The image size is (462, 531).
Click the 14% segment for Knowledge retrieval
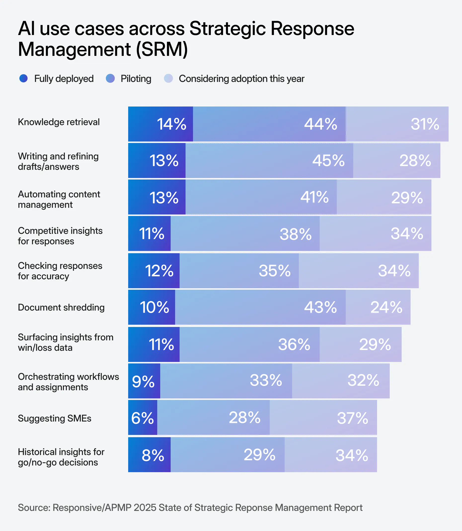coord(161,124)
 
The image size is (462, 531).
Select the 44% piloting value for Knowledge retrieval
coord(269,124)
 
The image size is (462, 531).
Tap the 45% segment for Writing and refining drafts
coord(269,161)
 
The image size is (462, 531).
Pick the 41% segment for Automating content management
coord(261,197)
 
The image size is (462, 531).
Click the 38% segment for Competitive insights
coord(245,234)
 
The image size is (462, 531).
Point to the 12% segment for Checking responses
coord(154,271)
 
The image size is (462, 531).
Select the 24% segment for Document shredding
coord(378,307)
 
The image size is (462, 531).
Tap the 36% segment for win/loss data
coord(249,345)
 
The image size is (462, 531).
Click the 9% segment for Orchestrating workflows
coord(144,381)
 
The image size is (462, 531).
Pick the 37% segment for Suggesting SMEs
coord(323,418)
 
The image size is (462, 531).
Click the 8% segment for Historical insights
coord(150,455)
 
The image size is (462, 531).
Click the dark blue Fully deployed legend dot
coord(23,78)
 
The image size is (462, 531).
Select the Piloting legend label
coord(136,79)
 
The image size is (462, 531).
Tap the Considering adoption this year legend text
coord(242,79)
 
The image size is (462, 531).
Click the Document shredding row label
coord(61,307)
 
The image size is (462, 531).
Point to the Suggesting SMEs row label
coord(55,418)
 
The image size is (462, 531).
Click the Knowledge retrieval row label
coord(59,122)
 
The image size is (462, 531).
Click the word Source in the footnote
coord(34,508)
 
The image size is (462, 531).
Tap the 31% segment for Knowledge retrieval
coord(397,124)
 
